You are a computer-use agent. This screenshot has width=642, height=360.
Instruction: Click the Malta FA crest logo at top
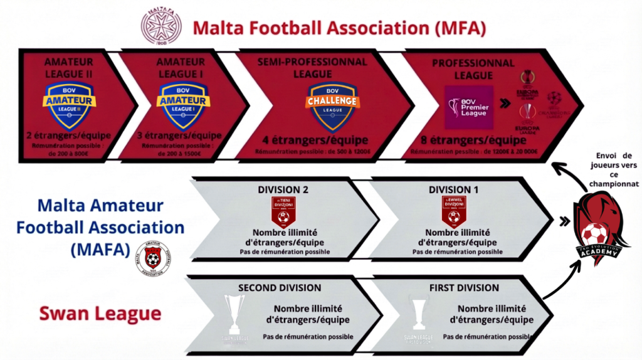pos(162,26)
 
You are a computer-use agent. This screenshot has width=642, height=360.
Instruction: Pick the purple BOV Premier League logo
pos(468,107)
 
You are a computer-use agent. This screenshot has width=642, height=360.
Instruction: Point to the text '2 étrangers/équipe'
pos(68,135)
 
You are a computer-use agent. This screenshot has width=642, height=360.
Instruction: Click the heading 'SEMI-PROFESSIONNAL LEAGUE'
pos(312,67)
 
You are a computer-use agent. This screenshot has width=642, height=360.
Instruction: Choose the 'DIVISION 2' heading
pos(284,189)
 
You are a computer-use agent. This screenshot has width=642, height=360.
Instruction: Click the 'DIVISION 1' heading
pos(454,189)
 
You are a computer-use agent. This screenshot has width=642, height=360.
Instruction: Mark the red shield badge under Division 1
pos(454,211)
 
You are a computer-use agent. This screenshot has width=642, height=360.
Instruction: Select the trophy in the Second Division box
pos(234,313)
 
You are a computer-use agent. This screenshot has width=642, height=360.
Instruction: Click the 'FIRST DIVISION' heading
pos(465,288)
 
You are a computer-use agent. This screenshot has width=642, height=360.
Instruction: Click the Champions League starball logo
pos(554,102)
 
